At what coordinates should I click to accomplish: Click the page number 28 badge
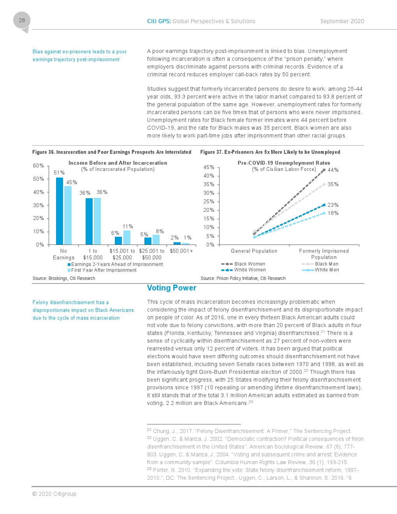[x=22, y=21]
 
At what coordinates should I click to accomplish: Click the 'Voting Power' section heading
[x=172, y=288]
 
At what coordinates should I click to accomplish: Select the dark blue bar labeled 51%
[x=60, y=211]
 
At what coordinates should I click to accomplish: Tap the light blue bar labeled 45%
[x=68, y=215]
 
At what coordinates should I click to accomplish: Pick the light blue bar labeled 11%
[x=127, y=237]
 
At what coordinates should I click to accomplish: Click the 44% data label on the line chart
[x=333, y=170]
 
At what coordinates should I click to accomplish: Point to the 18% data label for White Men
[x=333, y=213]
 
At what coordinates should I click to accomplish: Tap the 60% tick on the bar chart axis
[x=39, y=165]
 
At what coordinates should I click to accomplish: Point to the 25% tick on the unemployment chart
[x=209, y=201]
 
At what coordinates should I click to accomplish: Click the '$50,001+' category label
[x=181, y=251]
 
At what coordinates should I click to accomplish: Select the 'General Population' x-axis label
[x=254, y=251]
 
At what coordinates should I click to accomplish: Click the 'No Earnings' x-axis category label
[x=63, y=254]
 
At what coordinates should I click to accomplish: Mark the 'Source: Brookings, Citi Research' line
[x=64, y=278]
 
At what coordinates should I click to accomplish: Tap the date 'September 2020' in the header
[x=342, y=21]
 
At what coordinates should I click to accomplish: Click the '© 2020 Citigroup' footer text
[x=54, y=494]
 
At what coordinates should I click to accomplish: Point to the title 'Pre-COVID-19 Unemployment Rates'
[x=284, y=163]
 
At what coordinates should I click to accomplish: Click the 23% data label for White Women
[x=333, y=205]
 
